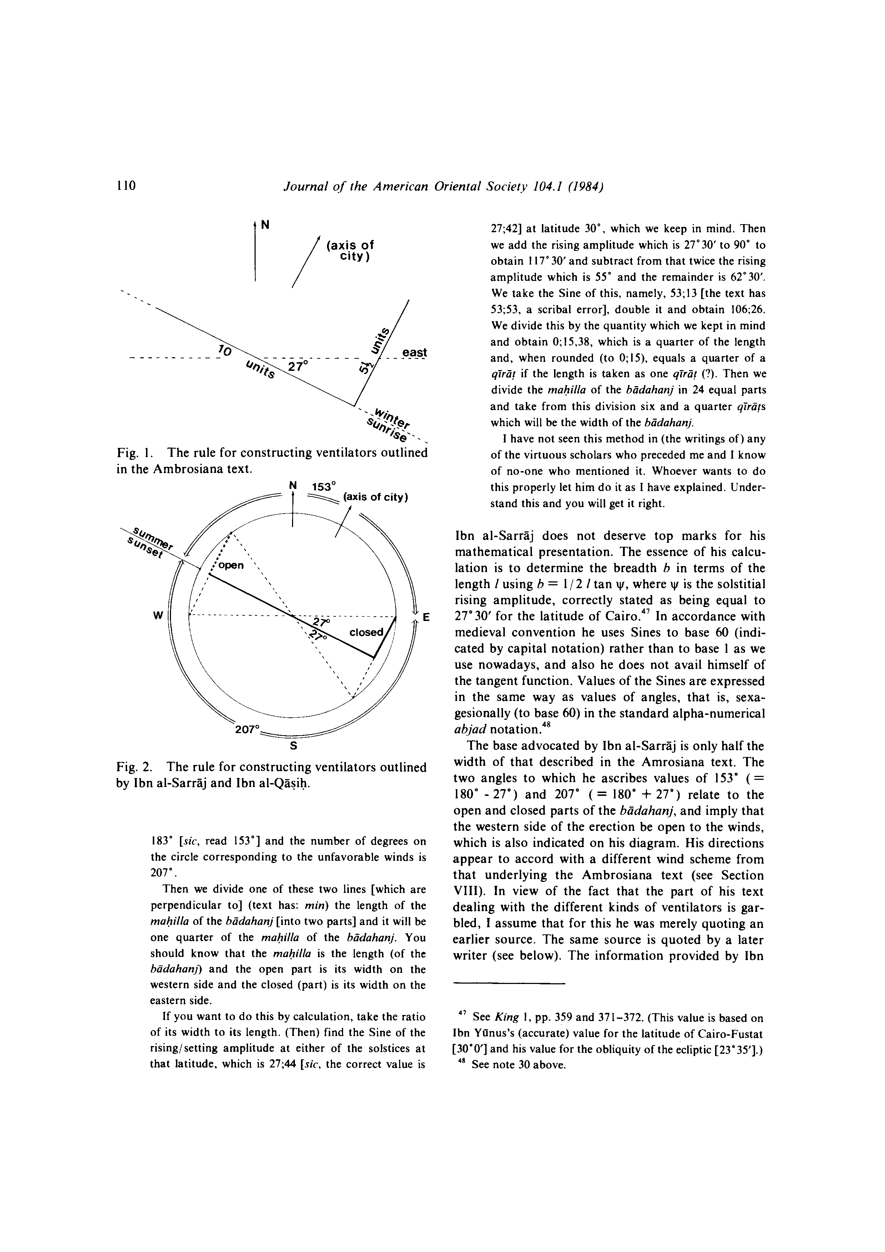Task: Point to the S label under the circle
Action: click(x=293, y=745)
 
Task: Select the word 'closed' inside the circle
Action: click(x=366, y=632)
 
